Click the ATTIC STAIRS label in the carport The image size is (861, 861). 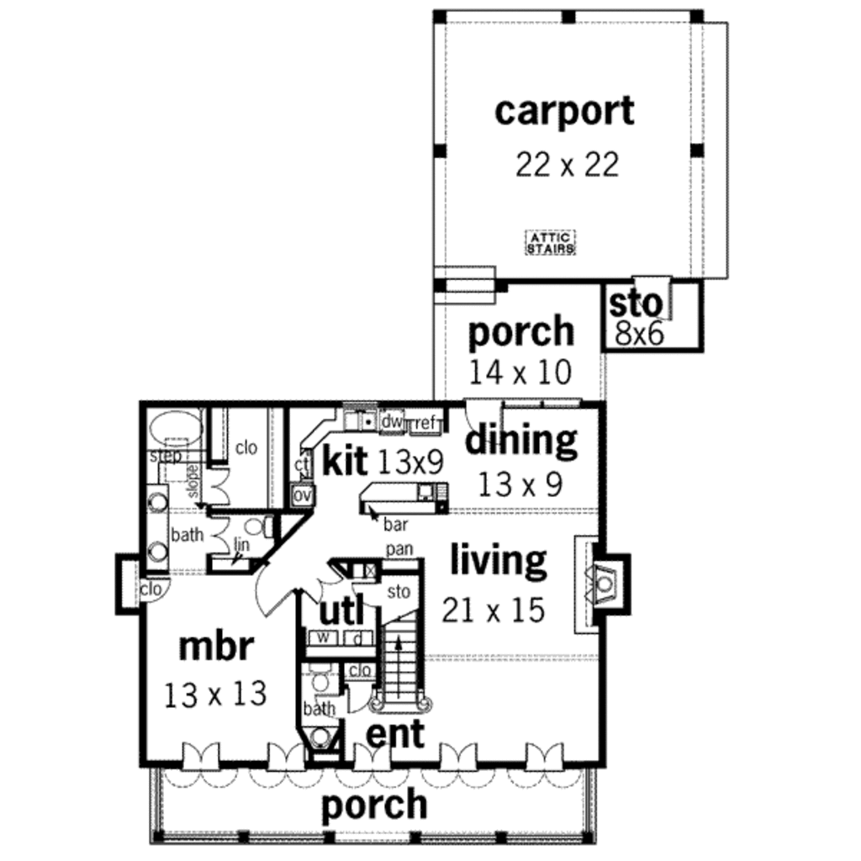(551, 244)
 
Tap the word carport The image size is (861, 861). (564, 111)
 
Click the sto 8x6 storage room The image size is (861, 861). (637, 318)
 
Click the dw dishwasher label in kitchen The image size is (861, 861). (392, 421)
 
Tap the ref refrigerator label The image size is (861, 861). (425, 423)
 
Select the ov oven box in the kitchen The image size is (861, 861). (302, 495)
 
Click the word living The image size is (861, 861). (499, 560)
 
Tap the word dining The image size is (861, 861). (521, 440)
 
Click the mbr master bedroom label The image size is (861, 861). (215, 647)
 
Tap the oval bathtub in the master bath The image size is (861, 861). (175, 427)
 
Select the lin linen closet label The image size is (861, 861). (241, 546)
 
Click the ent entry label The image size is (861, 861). (395, 733)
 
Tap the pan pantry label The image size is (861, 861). (398, 549)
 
